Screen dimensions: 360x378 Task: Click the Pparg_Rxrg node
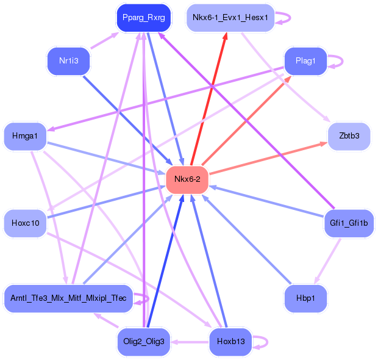143,18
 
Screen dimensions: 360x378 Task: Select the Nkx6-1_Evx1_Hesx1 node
230,18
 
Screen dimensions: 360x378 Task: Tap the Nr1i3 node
68,61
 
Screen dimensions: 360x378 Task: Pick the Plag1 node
305,61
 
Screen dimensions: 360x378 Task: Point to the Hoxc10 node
25,223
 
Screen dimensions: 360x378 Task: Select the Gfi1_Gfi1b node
349,223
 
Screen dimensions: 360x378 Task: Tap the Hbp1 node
305,298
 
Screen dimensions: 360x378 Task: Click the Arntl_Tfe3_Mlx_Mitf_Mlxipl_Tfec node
68,298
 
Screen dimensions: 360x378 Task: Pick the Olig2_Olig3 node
143,341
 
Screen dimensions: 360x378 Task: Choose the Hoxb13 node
230,341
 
